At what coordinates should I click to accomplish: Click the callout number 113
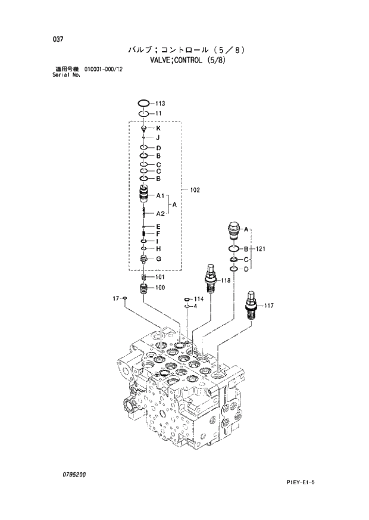(161, 103)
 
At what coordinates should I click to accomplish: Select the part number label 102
(195, 190)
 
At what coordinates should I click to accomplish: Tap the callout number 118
(226, 280)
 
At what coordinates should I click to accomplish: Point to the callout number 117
(268, 306)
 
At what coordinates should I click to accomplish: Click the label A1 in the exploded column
(160, 195)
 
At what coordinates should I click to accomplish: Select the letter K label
(158, 128)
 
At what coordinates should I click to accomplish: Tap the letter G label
(159, 259)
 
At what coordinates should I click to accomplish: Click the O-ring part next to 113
(143, 103)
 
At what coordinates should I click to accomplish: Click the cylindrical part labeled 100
(143, 289)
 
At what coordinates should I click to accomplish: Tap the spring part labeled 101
(143, 277)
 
